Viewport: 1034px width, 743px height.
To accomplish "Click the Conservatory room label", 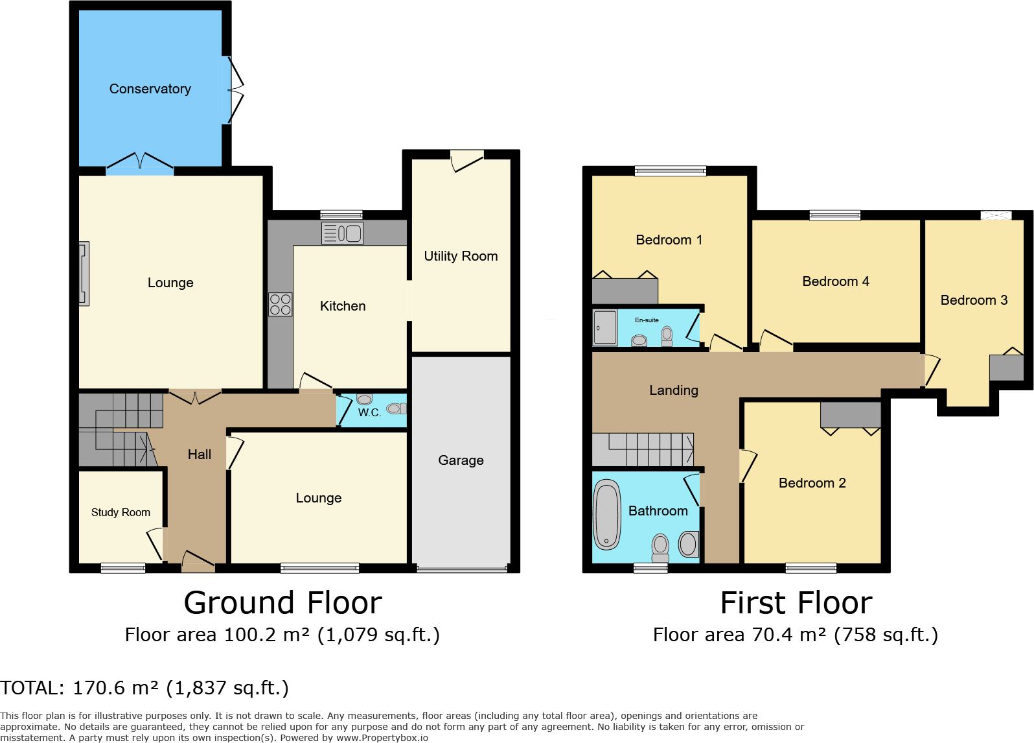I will point(150,89).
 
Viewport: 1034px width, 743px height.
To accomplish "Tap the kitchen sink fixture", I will point(342,233).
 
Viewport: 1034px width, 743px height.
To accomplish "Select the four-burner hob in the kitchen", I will point(280,305).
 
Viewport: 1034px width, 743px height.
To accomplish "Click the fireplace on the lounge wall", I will point(84,274).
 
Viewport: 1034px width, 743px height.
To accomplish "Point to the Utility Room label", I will point(461,256).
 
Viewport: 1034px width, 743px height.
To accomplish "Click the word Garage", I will point(461,460).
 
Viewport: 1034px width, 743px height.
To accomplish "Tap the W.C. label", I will point(369,412).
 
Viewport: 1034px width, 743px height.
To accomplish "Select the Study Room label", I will point(121,512).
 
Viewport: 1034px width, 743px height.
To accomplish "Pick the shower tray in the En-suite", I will point(604,328).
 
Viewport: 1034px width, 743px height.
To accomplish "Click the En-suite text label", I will point(647,320).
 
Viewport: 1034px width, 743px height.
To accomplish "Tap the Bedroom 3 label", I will point(974,300).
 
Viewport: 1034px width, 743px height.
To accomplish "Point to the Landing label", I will point(674,390).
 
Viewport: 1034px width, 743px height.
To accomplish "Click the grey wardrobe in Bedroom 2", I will point(851,414).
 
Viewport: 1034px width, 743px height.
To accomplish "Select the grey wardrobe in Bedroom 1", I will point(625,291).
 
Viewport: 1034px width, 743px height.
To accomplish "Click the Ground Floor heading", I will point(282,603).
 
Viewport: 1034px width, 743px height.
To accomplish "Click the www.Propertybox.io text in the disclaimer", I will point(382,738).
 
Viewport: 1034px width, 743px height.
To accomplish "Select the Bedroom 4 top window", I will point(834,215).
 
